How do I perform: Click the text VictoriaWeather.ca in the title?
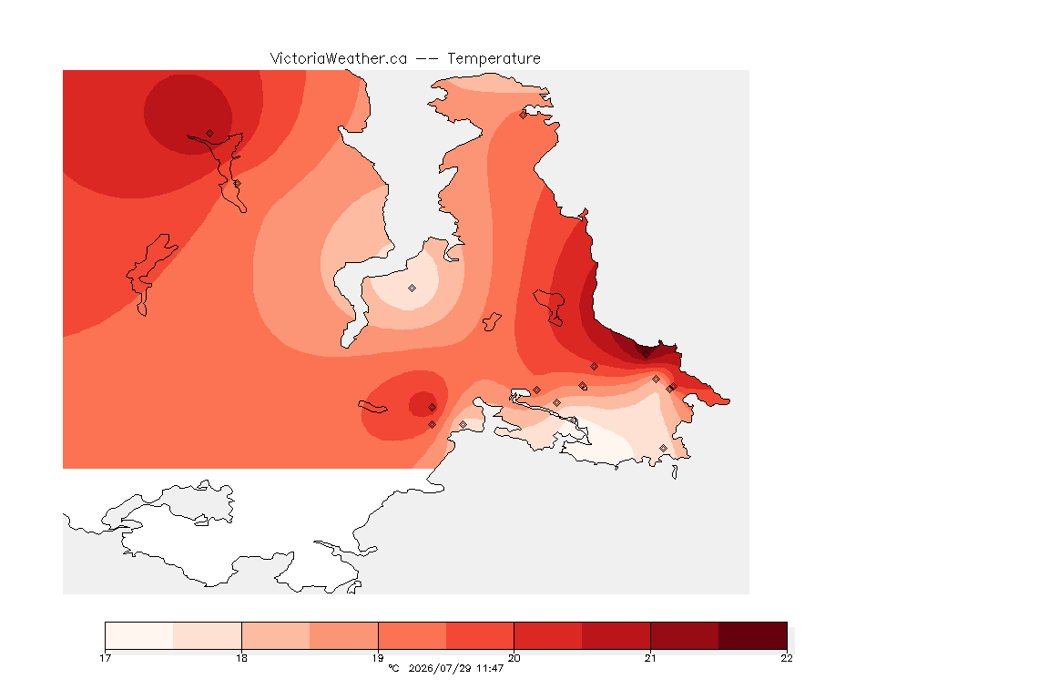(339, 59)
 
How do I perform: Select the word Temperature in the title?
(494, 59)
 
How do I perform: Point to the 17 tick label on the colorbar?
(105, 658)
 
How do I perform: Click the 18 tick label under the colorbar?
(241, 658)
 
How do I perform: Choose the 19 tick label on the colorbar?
(378, 658)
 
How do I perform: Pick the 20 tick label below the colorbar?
(514, 658)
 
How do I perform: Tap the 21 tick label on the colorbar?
(650, 658)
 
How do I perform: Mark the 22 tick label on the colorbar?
(787, 658)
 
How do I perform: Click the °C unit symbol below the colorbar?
(394, 668)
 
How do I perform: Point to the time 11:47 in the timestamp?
(490, 668)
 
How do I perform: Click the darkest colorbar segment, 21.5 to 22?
(753, 635)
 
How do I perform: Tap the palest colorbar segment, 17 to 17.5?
(139, 635)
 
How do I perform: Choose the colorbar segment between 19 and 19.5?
(412, 635)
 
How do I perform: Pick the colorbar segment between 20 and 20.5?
(548, 635)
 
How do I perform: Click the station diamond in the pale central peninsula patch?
(412, 289)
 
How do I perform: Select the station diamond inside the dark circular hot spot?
(210, 134)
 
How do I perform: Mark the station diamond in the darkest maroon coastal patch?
(646, 355)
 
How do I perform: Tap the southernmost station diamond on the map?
(663, 448)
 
